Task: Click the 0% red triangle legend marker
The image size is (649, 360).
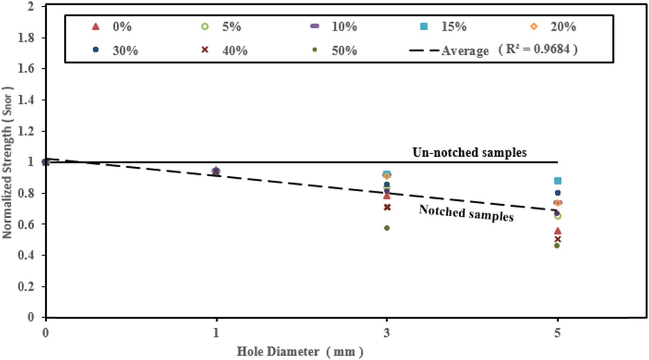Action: click(96, 26)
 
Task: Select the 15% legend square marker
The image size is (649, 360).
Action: click(423, 26)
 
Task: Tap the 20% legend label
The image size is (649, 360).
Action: click(563, 26)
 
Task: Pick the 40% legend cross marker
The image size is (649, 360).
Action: click(205, 49)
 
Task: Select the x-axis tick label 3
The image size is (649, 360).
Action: click(387, 333)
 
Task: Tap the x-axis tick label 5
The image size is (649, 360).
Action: click(557, 333)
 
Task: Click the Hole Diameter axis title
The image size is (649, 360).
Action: click(300, 351)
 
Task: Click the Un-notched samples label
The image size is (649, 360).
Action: click(469, 152)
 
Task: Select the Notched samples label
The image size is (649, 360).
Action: click(466, 213)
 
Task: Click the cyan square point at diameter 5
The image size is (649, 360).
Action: click(557, 181)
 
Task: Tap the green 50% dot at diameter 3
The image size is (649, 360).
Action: click(387, 228)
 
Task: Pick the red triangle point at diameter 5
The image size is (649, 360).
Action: click(557, 231)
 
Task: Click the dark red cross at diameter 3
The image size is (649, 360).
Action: click(387, 207)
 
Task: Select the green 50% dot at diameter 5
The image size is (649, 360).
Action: click(557, 245)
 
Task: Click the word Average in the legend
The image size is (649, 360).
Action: click(465, 50)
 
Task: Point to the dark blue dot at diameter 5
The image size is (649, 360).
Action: click(557, 193)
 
